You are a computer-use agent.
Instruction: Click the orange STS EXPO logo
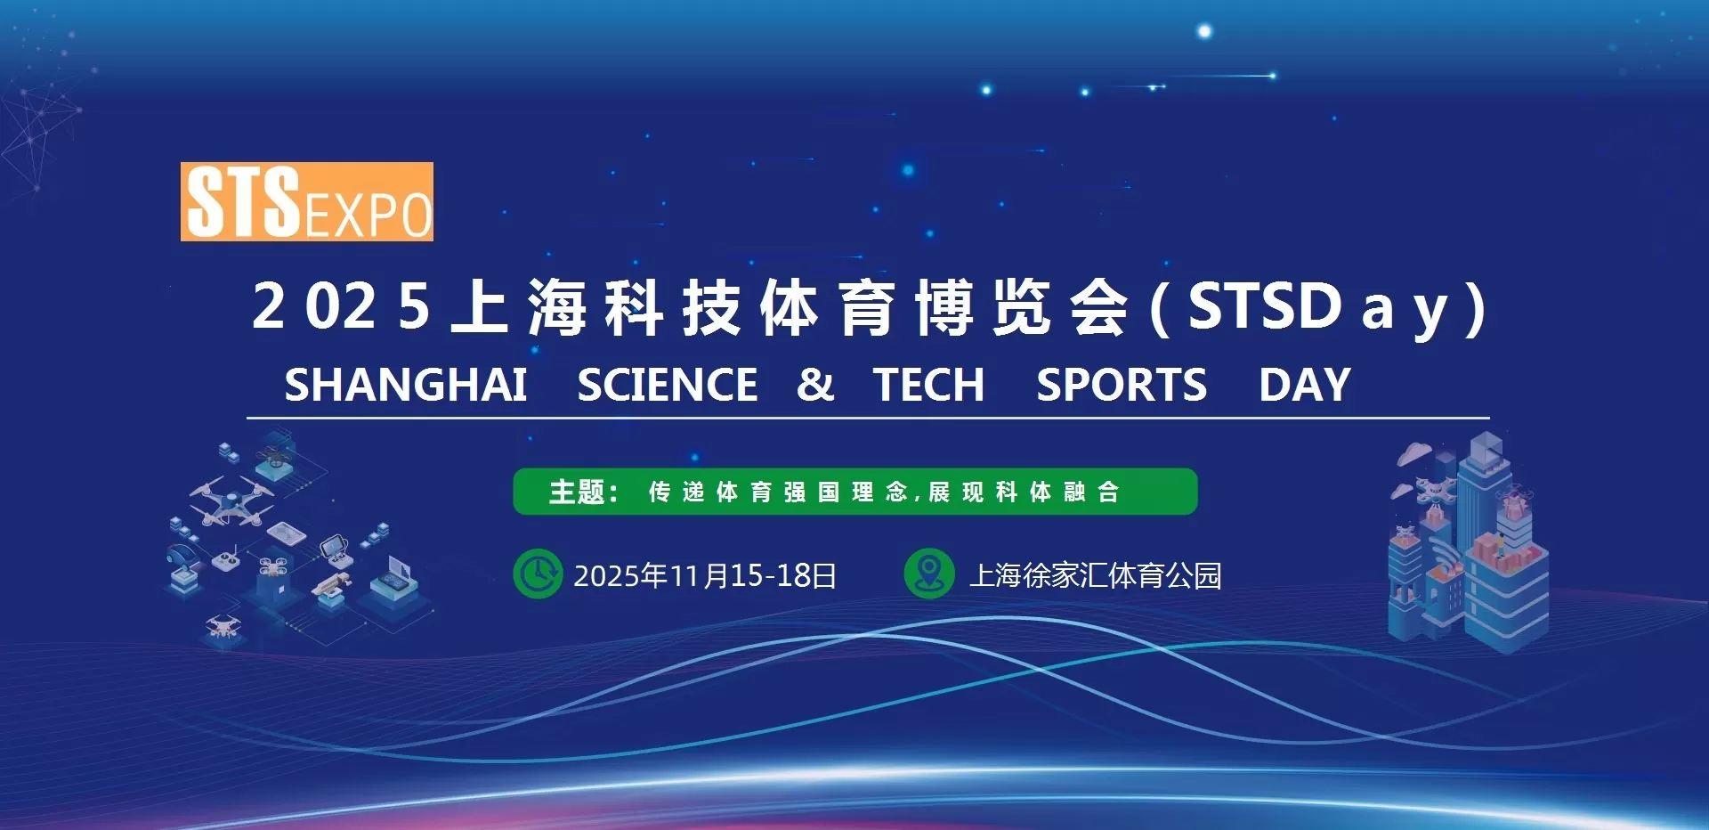coord(307,201)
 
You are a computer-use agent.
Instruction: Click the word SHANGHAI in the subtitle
coord(406,385)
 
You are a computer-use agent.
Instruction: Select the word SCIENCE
coord(668,385)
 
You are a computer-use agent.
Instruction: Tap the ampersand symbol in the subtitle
coord(815,385)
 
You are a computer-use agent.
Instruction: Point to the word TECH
coord(928,385)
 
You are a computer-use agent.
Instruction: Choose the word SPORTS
coord(1122,385)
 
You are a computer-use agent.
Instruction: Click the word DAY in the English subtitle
coord(1305,385)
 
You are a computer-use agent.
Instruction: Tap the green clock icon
coord(538,574)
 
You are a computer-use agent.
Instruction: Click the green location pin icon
coord(929,574)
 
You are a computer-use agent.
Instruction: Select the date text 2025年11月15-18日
coord(705,575)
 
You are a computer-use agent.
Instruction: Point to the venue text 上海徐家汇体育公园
coord(1096,575)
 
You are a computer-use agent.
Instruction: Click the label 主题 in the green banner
coord(577,492)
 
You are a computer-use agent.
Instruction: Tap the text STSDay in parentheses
coord(1318,306)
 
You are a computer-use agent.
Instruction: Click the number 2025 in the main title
coord(342,306)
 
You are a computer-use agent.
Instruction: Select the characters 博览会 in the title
coord(1023,306)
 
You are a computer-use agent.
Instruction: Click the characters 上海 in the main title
coord(519,306)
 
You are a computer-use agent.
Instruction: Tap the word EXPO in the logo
coord(368,215)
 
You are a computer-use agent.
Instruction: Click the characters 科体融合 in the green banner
coord(1057,492)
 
